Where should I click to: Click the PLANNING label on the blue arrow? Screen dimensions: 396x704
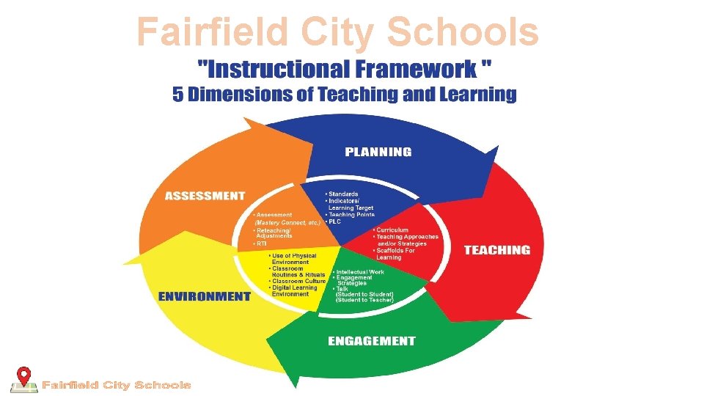pos(378,152)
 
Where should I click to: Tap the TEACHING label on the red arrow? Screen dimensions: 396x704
pos(496,250)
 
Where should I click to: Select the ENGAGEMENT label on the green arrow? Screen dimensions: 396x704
pos(371,341)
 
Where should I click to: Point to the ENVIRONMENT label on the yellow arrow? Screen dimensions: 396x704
pos(205,296)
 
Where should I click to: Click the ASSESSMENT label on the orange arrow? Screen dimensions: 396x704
pos(205,196)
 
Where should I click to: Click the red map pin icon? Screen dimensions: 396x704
pos(25,376)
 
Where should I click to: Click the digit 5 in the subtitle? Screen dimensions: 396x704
pos(178,95)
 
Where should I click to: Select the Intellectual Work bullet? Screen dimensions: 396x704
pos(359,272)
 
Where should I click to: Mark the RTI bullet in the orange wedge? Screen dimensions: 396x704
pos(260,243)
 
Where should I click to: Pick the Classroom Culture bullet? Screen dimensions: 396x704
pos(298,281)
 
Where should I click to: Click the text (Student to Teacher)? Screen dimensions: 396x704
pos(364,300)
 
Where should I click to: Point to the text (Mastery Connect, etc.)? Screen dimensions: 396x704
pos(287,222)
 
